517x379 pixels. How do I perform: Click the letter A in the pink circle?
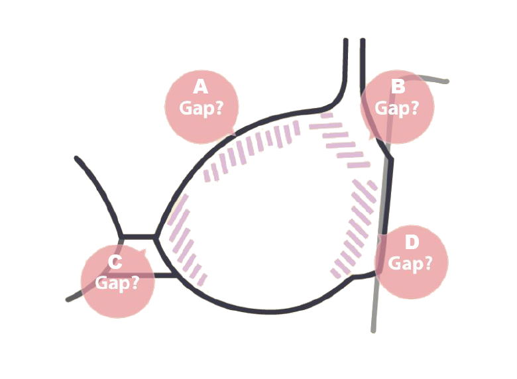click(x=201, y=87)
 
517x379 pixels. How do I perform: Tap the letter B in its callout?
click(x=398, y=86)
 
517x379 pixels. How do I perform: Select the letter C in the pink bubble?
click(x=115, y=262)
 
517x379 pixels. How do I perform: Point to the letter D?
click(x=412, y=243)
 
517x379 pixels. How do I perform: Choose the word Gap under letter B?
click(x=391, y=108)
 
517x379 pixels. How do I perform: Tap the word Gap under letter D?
click(x=404, y=264)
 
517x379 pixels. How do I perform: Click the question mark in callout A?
click(x=218, y=108)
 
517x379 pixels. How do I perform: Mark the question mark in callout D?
click(x=428, y=264)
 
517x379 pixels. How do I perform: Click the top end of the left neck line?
click(x=346, y=40)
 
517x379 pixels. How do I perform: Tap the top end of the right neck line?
click(x=363, y=40)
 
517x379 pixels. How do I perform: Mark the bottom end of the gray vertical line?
click(x=373, y=330)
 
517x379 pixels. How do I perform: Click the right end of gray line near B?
click(x=447, y=81)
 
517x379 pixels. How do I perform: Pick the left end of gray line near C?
click(x=68, y=299)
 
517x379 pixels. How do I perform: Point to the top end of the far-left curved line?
click(x=77, y=158)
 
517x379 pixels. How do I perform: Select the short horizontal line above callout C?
click(x=139, y=237)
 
